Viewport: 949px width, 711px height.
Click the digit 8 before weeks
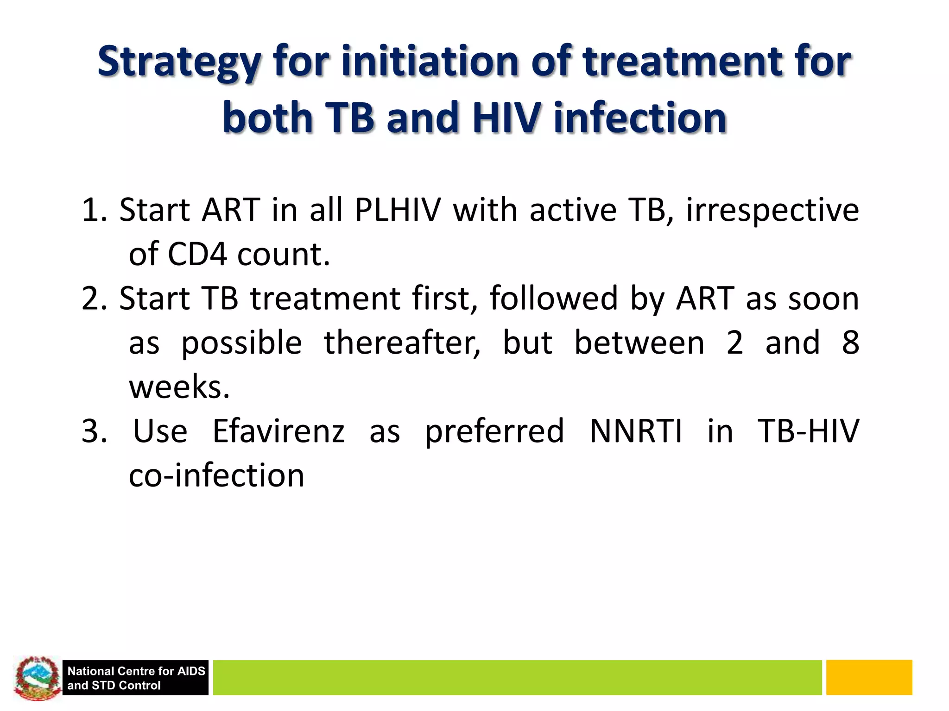850,343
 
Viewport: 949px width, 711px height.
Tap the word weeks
179,387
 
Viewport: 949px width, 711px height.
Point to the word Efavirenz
278,431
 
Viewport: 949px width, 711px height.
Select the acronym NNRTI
636,431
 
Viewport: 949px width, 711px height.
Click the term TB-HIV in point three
808,431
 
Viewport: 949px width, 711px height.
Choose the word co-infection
216,476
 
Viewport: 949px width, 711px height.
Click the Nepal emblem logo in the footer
37,678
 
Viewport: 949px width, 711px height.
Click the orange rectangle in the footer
869,678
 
